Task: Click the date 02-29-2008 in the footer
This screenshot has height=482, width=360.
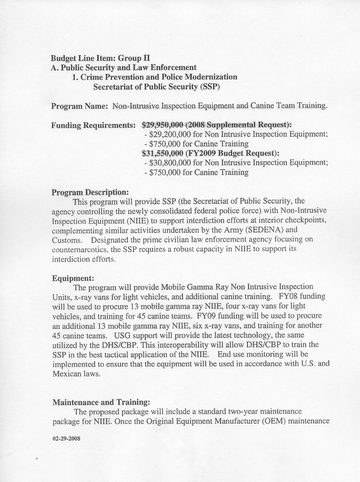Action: [66, 438]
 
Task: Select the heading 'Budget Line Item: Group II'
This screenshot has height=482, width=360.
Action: [100, 58]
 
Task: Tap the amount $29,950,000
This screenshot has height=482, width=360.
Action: [162, 125]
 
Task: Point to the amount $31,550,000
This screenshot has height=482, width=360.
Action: [162, 153]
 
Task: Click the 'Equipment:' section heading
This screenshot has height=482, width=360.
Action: [73, 278]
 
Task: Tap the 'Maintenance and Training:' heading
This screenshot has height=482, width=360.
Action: [101, 402]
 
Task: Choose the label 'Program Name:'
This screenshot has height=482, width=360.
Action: [80, 106]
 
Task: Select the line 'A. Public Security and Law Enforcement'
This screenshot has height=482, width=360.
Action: [123, 67]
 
